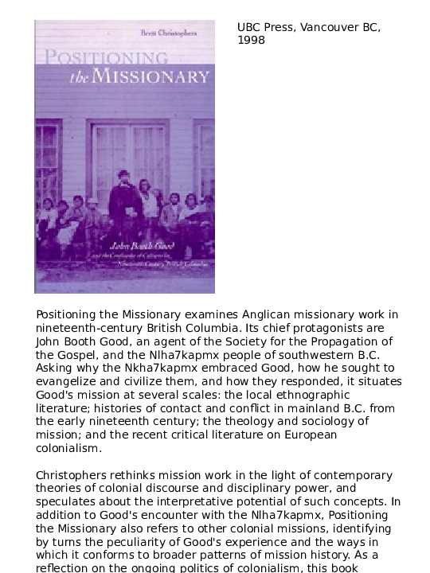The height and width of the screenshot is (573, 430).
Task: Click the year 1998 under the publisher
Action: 251,41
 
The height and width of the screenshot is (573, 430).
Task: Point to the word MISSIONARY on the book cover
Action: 151,76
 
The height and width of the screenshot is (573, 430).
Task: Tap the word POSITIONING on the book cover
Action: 106,58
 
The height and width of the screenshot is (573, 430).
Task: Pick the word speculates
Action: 68,502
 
